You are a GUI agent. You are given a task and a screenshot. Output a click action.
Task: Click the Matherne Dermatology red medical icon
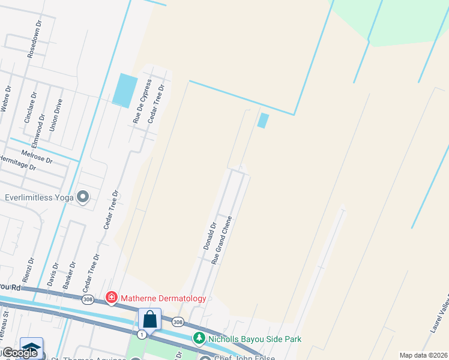click(111, 298)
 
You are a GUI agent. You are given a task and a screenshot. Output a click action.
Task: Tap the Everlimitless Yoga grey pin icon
click(83, 197)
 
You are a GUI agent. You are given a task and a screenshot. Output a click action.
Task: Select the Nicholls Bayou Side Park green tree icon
click(199, 339)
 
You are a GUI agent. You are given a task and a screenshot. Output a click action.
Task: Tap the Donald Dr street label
click(209, 235)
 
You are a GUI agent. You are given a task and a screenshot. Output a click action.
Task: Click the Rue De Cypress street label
click(141, 101)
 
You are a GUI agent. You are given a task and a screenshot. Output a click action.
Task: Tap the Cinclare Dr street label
click(30, 107)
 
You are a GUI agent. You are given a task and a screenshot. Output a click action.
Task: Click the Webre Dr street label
click(5, 99)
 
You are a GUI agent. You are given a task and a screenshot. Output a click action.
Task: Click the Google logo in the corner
click(20, 353)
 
